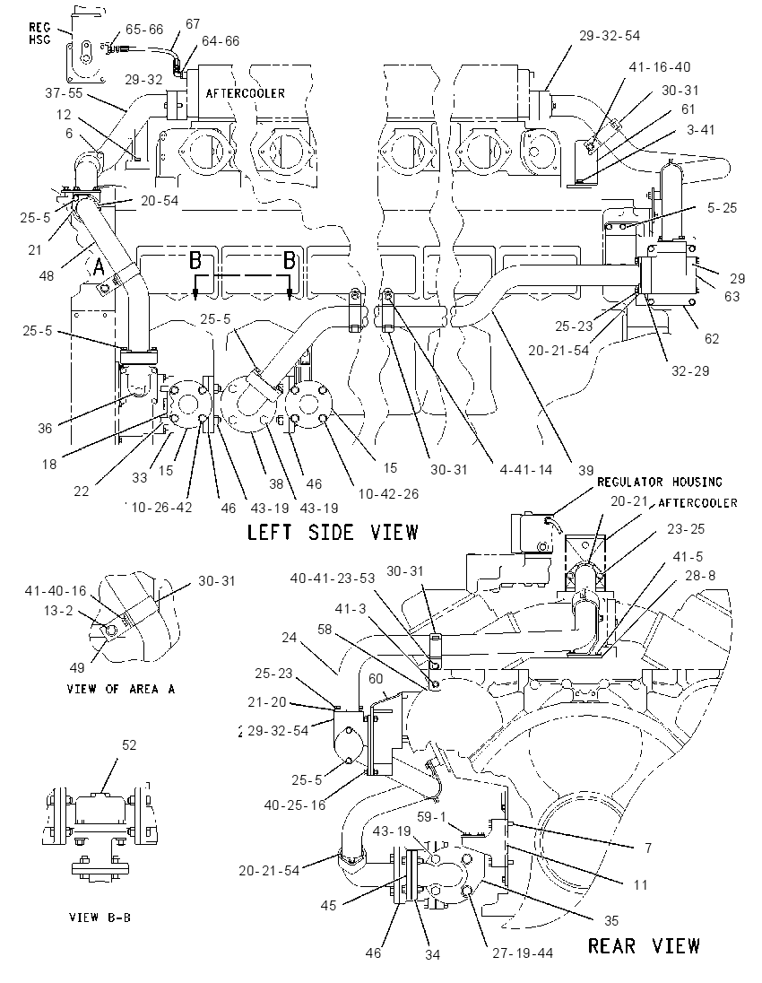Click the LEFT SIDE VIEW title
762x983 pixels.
[332, 532]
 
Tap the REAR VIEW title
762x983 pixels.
[643, 945]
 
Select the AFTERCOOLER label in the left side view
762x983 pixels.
[245, 93]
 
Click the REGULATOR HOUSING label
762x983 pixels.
[659, 482]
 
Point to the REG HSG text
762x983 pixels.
[39, 34]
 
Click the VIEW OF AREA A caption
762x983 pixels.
[121, 689]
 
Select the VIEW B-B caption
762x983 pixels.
[100, 918]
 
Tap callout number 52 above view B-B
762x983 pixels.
[128, 744]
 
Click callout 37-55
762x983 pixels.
[64, 93]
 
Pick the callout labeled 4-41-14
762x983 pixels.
[526, 469]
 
